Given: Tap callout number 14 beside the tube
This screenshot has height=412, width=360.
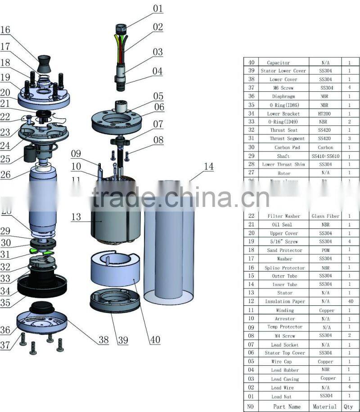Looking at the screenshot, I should click(x=208, y=167).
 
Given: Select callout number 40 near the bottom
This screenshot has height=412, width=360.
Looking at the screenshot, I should click(x=154, y=340).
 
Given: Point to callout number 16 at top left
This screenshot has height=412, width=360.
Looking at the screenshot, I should click(x=5, y=30).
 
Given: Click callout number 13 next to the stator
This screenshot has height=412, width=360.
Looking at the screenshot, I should click(x=76, y=217).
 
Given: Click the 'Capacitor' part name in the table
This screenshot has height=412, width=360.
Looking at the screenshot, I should click(x=278, y=63).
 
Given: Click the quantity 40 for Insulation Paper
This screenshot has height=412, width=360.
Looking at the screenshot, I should click(x=349, y=301).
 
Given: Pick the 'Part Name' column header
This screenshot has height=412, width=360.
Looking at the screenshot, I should click(x=285, y=407).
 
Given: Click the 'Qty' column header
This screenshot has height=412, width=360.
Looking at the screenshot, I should click(x=349, y=407).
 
